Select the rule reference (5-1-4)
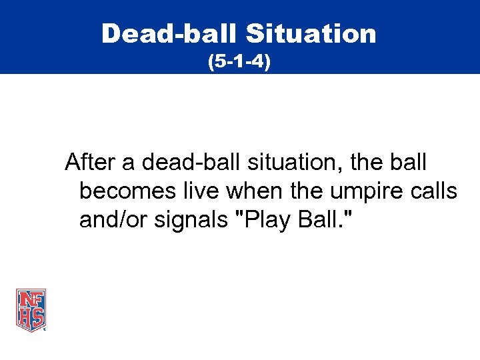pyautogui.click(x=239, y=63)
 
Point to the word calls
pyautogui.click(x=435, y=191)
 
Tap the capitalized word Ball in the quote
pyautogui.click(x=317, y=220)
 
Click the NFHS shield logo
pyautogui.click(x=31, y=310)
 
